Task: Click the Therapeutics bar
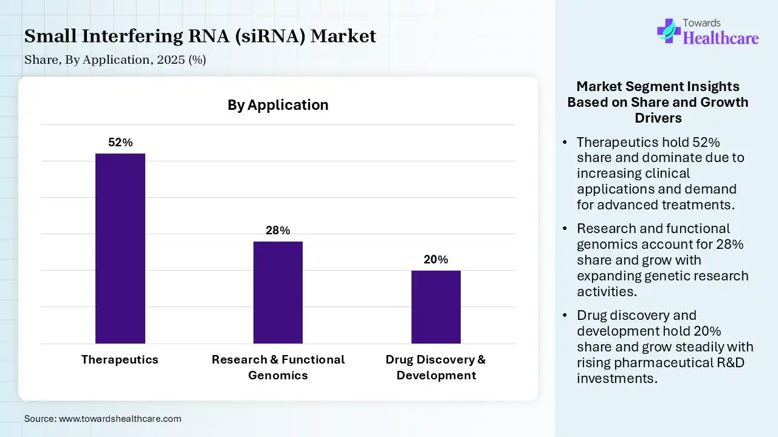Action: pos(120,248)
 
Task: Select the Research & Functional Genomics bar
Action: pos(278,293)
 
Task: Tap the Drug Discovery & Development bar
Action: pos(436,307)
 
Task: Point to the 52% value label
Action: pos(120,143)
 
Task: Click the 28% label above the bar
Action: pos(278,231)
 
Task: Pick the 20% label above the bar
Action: pos(436,260)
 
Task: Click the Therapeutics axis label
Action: pos(120,359)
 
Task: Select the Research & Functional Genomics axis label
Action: pos(278,367)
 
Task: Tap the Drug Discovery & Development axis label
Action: pos(436,367)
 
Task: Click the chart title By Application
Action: pos(278,105)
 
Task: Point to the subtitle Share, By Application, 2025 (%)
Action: pos(115,60)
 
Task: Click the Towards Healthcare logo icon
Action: pos(669,30)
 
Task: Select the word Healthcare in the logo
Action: pos(721,38)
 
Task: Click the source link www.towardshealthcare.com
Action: pos(120,419)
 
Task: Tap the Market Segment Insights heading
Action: pos(658,102)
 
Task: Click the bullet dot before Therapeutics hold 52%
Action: pos(565,143)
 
